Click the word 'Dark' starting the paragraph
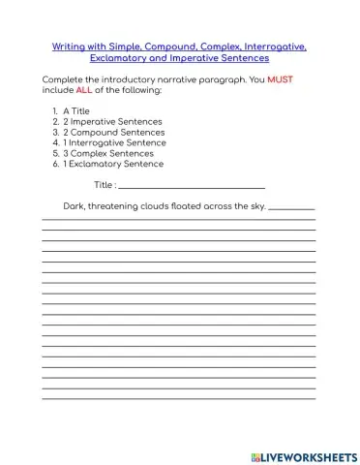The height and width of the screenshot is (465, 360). pos(73,206)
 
